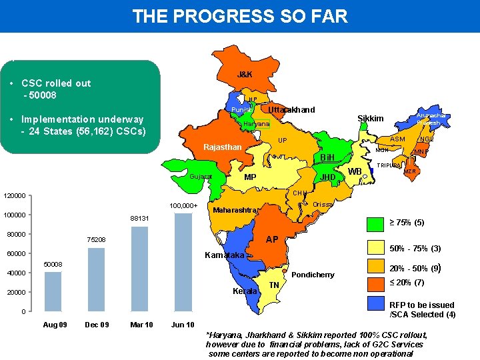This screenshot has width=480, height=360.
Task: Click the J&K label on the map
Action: coord(245,74)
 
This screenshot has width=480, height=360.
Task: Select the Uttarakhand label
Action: coord(291,110)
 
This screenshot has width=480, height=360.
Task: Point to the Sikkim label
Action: coord(371,119)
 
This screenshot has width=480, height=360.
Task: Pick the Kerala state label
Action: coord(244,291)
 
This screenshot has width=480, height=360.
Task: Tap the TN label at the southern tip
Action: coord(273,285)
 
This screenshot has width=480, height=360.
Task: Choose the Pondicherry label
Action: coord(313,275)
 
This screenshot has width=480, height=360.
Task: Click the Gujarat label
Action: coord(201,177)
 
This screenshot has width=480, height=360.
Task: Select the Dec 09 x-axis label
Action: coord(97,325)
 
